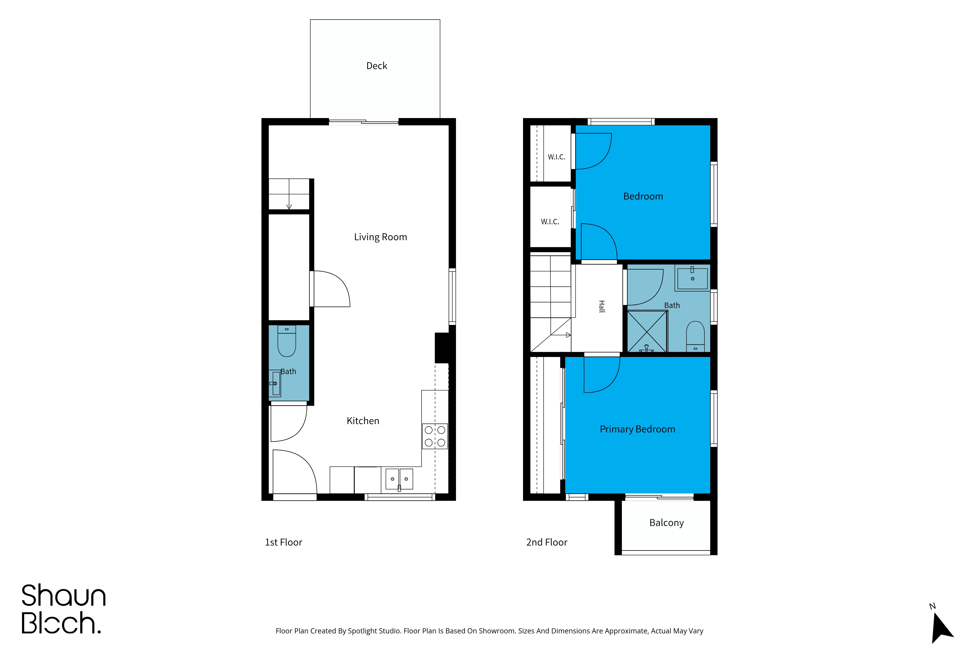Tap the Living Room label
pyautogui.click(x=380, y=237)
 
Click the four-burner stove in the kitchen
pyautogui.click(x=435, y=436)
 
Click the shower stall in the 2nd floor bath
pyautogui.click(x=647, y=332)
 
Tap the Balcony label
pyautogui.click(x=666, y=523)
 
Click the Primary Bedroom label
pyautogui.click(x=637, y=429)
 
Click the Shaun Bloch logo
pyautogui.click(x=63, y=609)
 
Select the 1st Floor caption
pyautogui.click(x=283, y=542)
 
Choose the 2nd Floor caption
pyautogui.click(x=547, y=542)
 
